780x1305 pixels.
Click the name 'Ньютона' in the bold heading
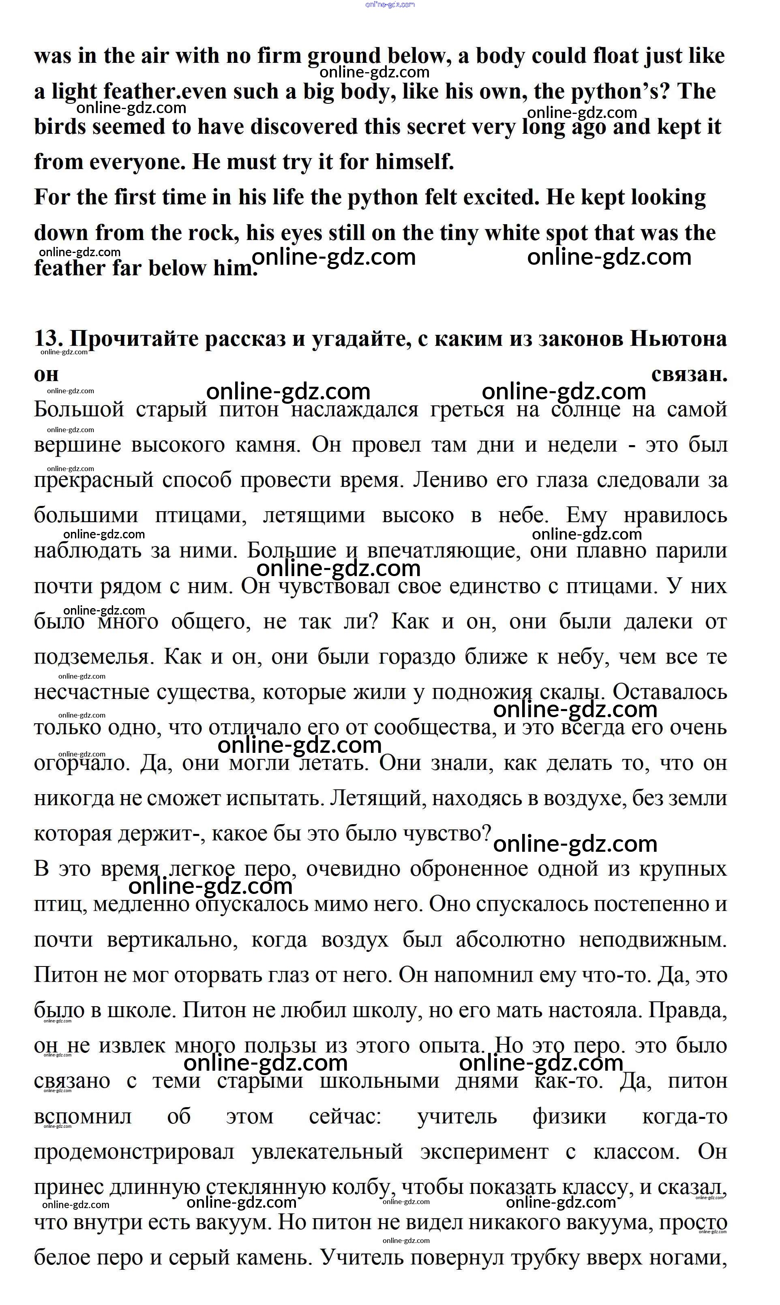click(678, 339)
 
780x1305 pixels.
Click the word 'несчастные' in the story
click(92, 692)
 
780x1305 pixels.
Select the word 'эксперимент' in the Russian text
click(484, 1151)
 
